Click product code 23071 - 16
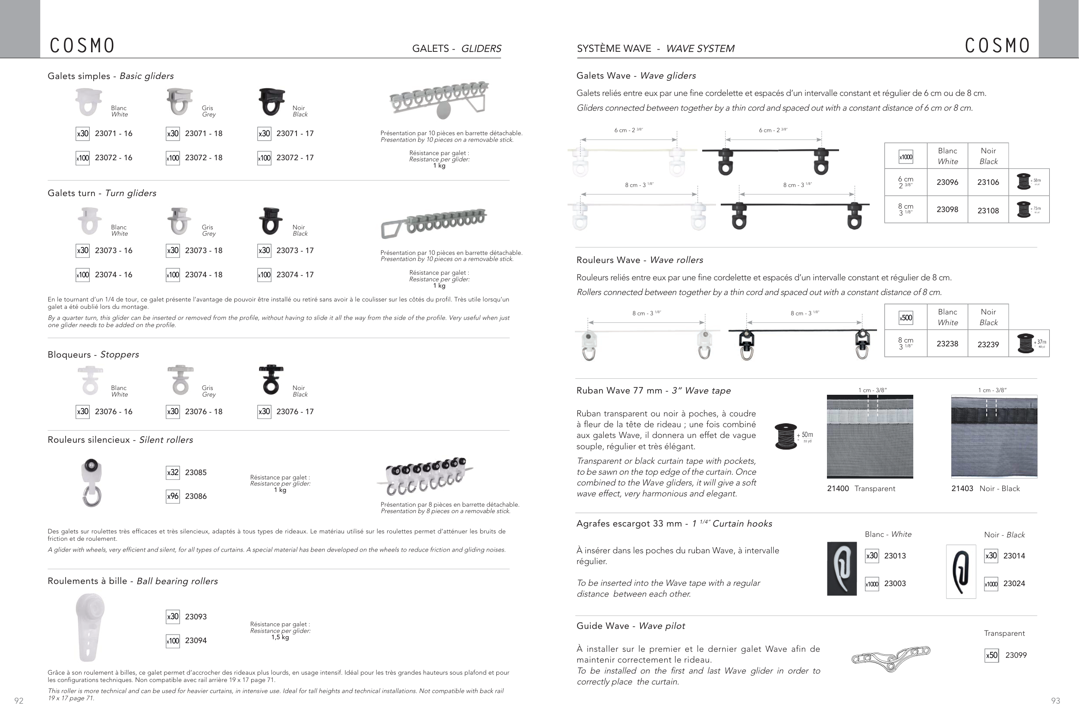(114, 133)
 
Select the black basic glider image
(271, 101)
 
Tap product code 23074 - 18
(203, 275)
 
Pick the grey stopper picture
(180, 380)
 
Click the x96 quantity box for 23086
(173, 496)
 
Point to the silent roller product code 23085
(196, 473)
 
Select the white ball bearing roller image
(90, 627)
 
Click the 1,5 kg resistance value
(280, 638)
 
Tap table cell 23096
(947, 182)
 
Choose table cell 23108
(988, 211)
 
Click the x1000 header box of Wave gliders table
(905, 157)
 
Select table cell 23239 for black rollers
(988, 344)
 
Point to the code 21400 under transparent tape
(838, 488)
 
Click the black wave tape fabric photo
(994, 437)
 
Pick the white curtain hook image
(842, 569)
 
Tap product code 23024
(1014, 584)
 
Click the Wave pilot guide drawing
(890, 658)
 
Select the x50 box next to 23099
(991, 655)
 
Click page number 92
(19, 701)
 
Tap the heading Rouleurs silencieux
(89, 440)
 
